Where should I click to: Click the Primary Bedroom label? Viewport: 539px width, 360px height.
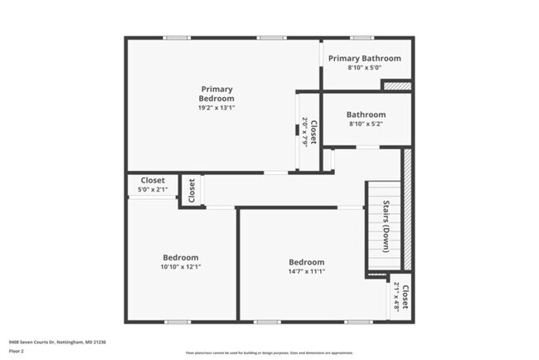(216, 94)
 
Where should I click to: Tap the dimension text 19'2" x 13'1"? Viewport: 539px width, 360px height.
(216, 108)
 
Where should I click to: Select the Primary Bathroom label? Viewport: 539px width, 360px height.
(365, 58)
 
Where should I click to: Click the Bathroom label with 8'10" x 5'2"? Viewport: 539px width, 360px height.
(366, 114)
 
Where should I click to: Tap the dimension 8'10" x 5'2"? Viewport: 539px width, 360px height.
(366, 125)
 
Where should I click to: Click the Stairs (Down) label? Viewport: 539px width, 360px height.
(386, 226)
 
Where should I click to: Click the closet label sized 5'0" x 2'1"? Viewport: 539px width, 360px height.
(153, 180)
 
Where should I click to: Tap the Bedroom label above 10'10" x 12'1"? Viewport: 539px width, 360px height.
(179, 256)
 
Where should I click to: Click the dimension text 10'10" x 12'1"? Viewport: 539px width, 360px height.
(179, 267)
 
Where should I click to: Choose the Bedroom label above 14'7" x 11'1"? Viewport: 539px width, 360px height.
(307, 262)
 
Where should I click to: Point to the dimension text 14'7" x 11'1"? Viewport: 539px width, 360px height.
(307, 272)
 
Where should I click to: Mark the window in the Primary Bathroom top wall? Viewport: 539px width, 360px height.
(361, 37)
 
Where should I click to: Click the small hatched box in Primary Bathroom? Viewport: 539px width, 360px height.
(396, 85)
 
